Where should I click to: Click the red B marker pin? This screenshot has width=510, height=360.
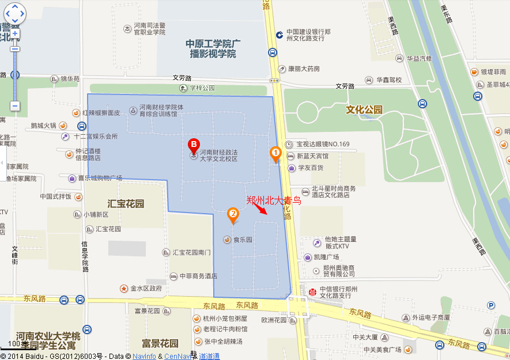(x=194, y=145)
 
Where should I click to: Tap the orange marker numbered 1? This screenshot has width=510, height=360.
(x=275, y=153)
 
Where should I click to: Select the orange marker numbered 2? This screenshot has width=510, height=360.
(x=233, y=215)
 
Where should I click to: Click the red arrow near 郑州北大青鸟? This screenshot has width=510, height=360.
(x=263, y=209)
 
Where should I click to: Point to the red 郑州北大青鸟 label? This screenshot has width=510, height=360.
(x=274, y=200)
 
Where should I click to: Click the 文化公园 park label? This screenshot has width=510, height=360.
(x=364, y=109)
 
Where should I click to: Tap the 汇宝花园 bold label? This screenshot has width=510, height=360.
(x=126, y=203)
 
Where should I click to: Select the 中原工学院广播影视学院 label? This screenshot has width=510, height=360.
(x=213, y=48)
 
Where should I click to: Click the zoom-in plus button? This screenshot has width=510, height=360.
(x=15, y=33)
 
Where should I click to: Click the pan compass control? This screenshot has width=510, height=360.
(x=15, y=13)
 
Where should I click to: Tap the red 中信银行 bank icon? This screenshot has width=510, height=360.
(x=312, y=291)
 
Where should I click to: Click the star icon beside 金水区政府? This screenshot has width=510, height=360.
(x=123, y=288)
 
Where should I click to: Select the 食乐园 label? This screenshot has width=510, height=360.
(x=243, y=240)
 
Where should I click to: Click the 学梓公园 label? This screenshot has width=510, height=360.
(x=202, y=88)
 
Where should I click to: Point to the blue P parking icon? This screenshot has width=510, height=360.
(x=491, y=305)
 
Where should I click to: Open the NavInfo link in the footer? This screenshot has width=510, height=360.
(x=144, y=356)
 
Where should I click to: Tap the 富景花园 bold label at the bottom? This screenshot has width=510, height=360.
(x=159, y=343)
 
